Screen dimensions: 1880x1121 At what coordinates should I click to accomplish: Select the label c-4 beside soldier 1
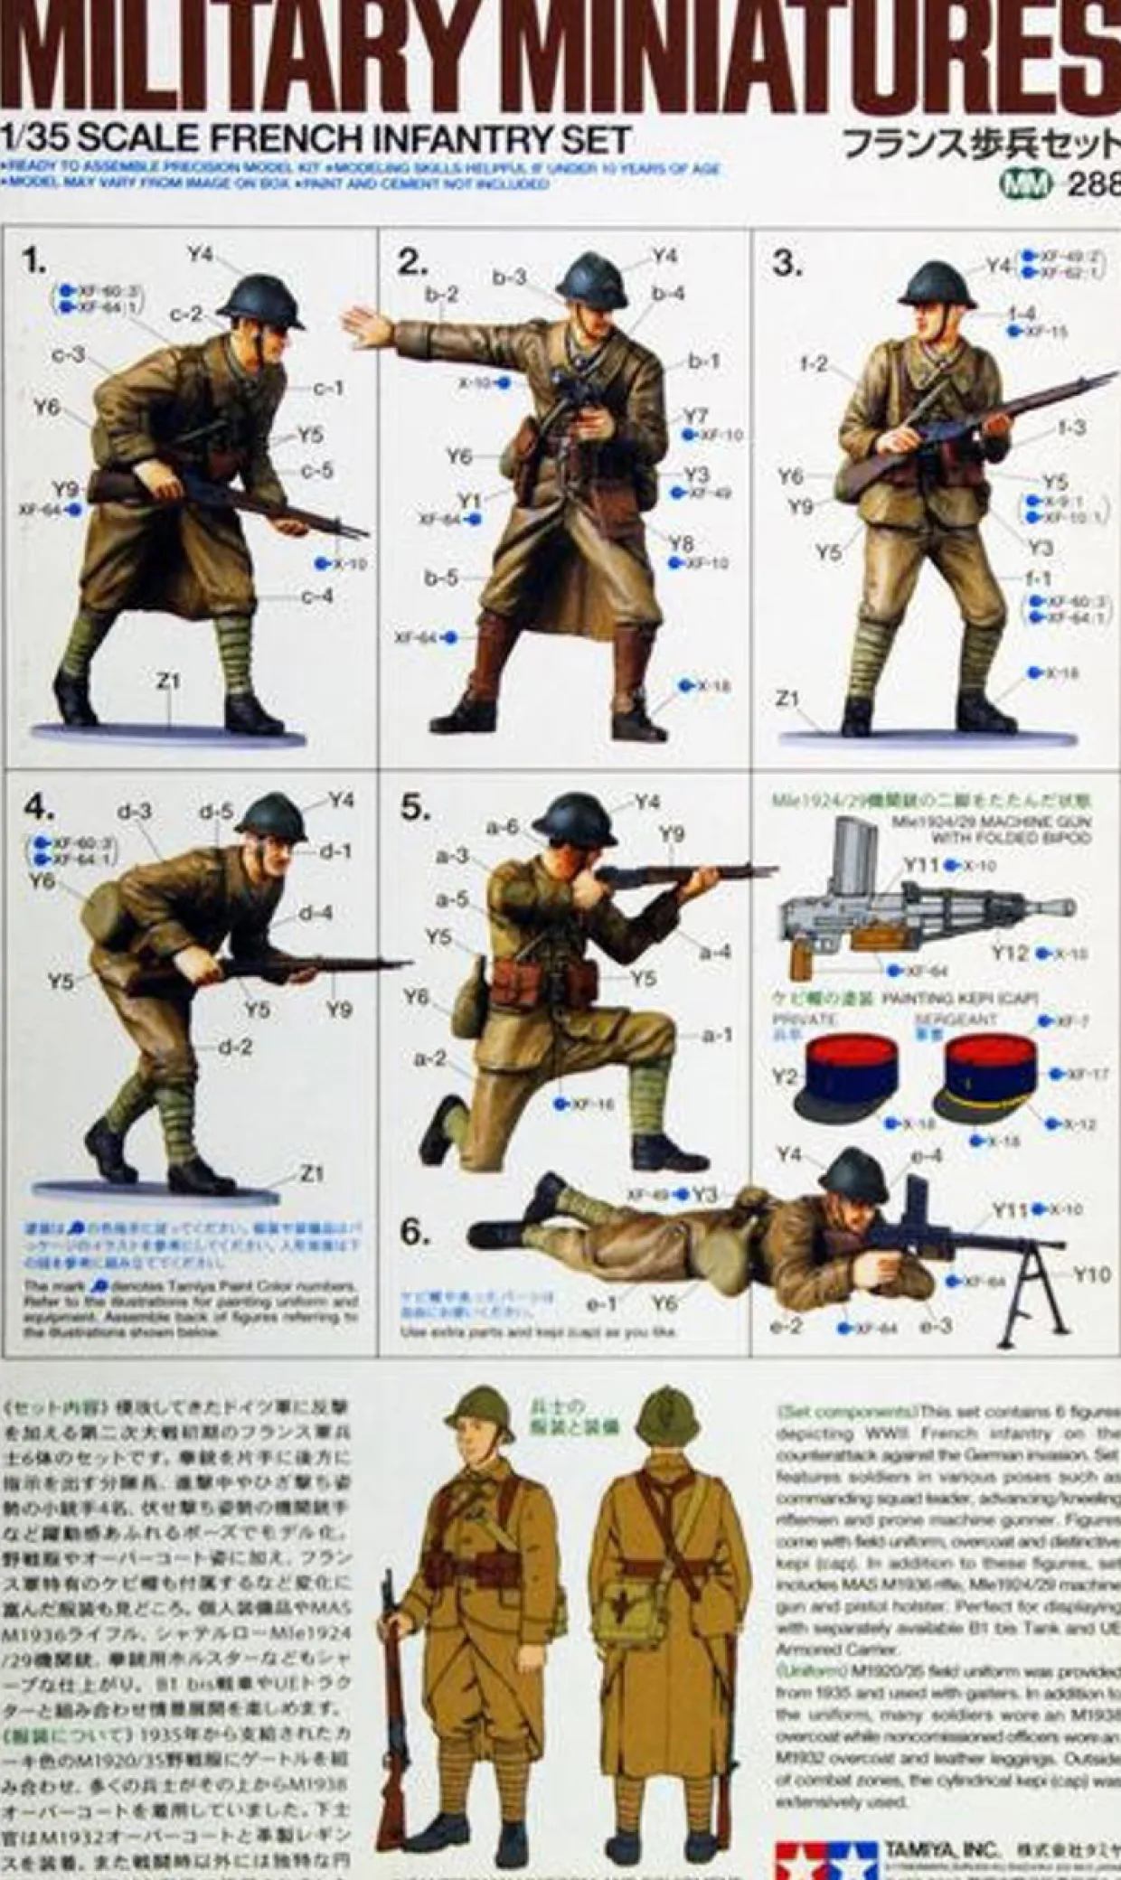coord(316,597)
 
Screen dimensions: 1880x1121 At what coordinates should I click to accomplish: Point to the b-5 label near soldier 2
coord(441,577)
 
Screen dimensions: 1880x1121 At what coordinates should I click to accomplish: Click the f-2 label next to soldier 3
coord(814,363)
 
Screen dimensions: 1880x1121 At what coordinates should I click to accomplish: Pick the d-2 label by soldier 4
coord(235,1047)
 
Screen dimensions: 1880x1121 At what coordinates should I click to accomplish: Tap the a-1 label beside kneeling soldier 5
coord(717,1035)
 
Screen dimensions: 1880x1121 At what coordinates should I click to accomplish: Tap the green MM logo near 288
coord(1025,184)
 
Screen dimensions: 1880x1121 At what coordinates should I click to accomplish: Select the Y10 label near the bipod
coord(1091,1274)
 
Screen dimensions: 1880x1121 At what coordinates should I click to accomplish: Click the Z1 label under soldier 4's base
coord(311,1173)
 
